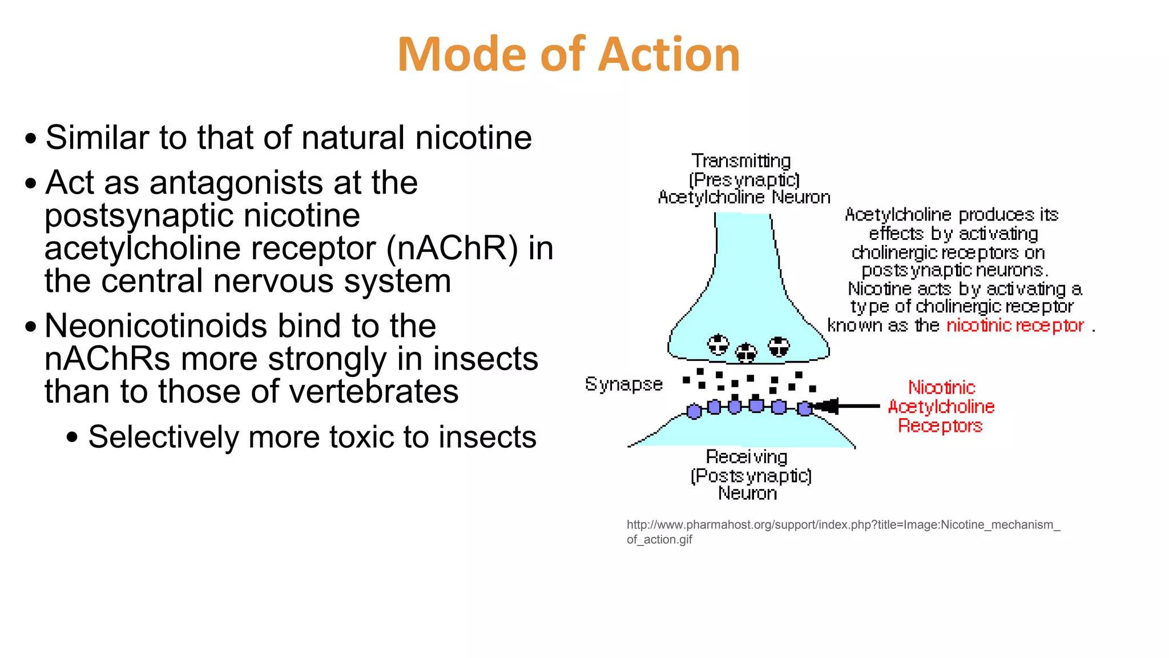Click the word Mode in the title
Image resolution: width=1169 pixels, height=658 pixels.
462,55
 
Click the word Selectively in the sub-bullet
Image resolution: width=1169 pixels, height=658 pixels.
163,438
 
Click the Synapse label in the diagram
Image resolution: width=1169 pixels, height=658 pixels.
623,384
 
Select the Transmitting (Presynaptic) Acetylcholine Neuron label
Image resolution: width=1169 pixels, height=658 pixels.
743,179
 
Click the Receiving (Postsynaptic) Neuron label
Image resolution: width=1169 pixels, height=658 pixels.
749,475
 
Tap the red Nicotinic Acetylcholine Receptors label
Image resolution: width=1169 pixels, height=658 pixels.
941,407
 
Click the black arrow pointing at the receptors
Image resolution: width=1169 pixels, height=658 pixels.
847,406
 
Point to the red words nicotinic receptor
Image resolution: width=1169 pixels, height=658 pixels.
1015,326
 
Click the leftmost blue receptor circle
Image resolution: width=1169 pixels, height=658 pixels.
694,411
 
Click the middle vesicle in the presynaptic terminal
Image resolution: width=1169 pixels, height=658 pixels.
745,353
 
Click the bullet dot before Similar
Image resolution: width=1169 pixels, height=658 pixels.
31,139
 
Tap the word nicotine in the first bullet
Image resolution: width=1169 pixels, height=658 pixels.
474,138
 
